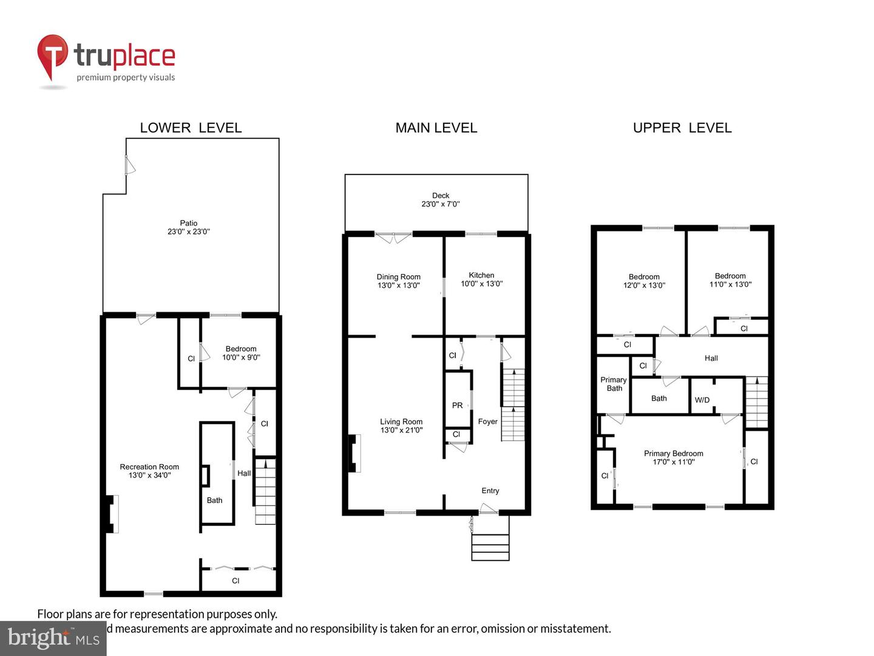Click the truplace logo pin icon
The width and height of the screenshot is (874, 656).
(x=52, y=56)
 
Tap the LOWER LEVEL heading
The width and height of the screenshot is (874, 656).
(x=191, y=128)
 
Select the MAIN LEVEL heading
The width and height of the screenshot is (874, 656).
(x=436, y=128)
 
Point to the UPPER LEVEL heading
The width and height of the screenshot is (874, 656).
(x=682, y=128)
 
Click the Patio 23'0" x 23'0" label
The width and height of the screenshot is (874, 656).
(x=189, y=227)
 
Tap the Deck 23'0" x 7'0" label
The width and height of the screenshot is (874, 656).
(x=441, y=200)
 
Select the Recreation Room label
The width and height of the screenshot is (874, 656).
(x=149, y=471)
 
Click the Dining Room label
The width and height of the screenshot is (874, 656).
(x=398, y=281)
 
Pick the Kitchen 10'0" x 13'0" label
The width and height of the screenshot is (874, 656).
(x=481, y=279)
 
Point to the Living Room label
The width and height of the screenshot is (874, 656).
(x=401, y=426)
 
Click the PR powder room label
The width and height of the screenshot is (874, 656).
(x=457, y=405)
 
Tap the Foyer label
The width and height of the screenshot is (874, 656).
(x=487, y=422)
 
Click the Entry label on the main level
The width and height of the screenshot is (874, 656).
(x=490, y=491)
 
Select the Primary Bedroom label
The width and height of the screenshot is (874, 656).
(x=673, y=457)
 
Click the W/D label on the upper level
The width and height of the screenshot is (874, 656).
(x=702, y=400)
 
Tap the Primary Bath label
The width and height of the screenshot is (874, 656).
(x=614, y=384)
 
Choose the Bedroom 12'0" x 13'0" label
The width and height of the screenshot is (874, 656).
(x=644, y=281)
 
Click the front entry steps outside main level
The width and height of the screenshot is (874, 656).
(x=490, y=547)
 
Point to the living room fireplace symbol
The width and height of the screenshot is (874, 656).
(x=352, y=453)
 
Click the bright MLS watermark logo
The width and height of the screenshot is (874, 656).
(x=53, y=638)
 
